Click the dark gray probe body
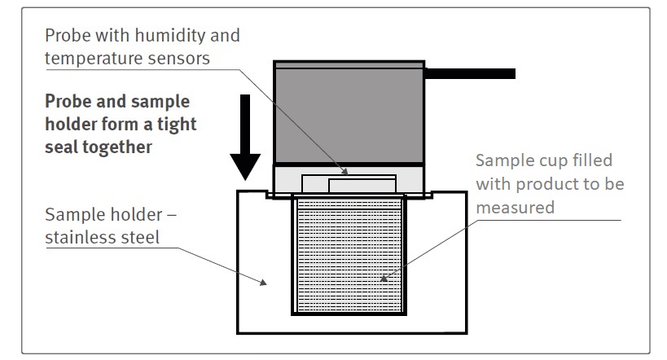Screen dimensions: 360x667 349,114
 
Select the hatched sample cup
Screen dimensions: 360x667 349,257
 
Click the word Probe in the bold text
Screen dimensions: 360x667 68,102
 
